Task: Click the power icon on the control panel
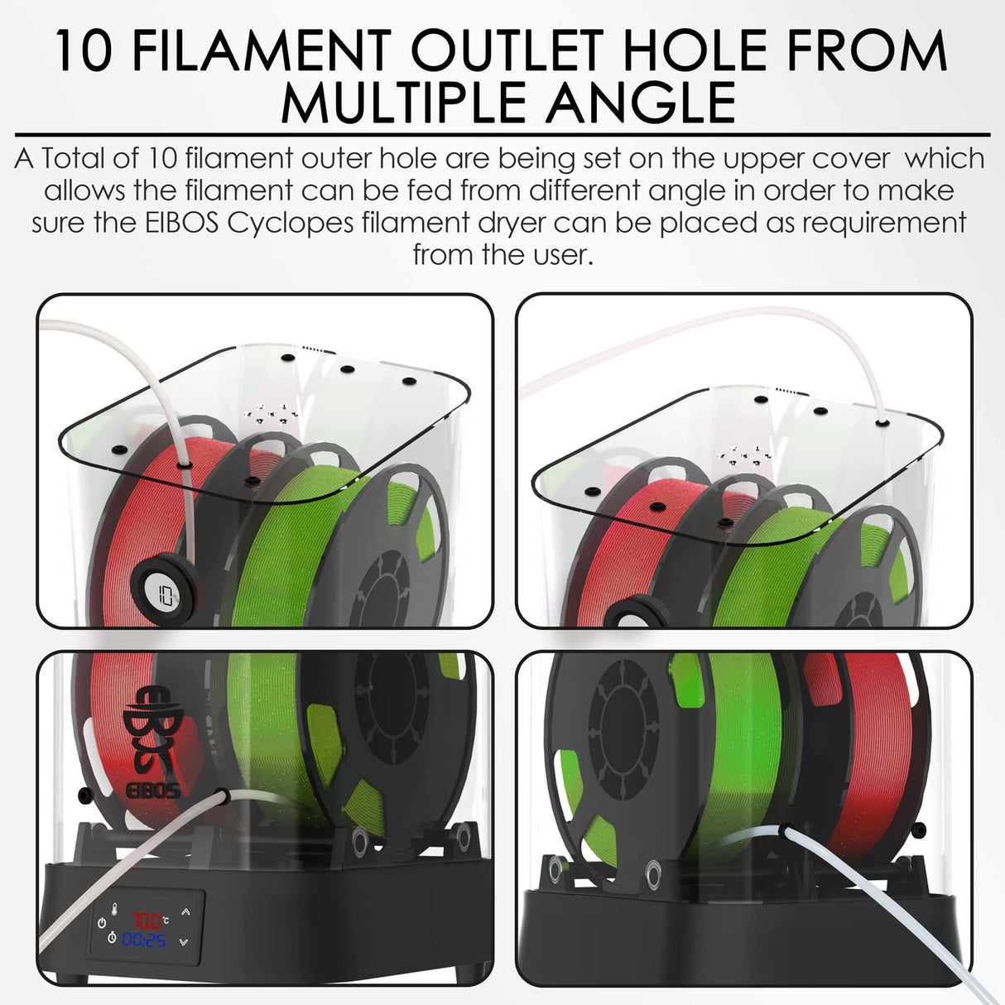(x=102, y=921)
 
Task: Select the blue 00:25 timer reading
(x=144, y=940)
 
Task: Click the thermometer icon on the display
(x=116, y=909)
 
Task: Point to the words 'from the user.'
(x=502, y=255)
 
